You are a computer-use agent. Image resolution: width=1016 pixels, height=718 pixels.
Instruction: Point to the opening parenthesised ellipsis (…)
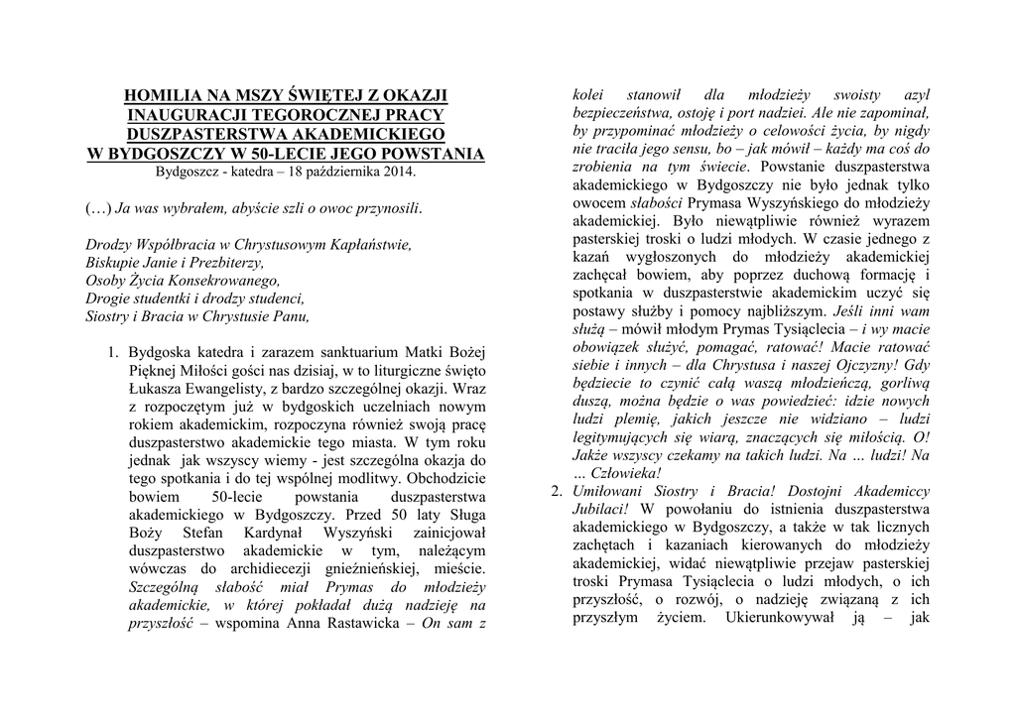[x=98, y=208]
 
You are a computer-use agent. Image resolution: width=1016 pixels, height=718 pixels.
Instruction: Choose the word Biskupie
[x=113, y=263]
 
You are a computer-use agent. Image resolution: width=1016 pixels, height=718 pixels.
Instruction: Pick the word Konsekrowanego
[x=217, y=281]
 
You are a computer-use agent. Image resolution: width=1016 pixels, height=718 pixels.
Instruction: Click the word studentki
[x=172, y=299]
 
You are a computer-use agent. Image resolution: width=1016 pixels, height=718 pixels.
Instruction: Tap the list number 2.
[x=556, y=491]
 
